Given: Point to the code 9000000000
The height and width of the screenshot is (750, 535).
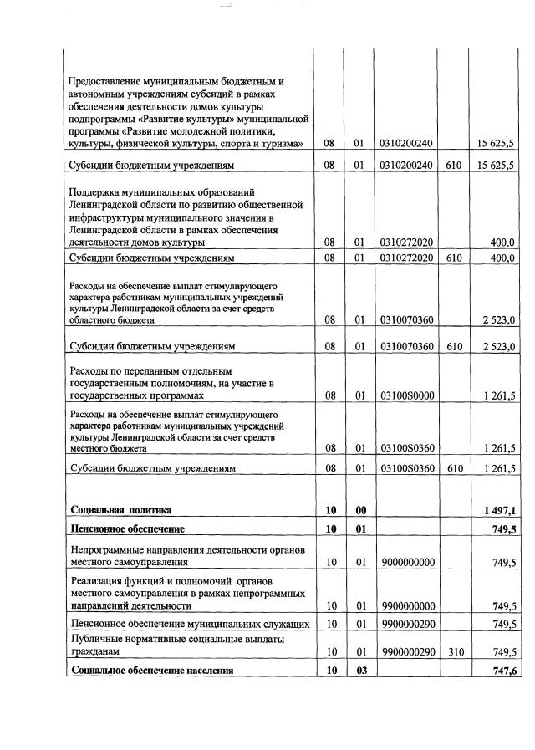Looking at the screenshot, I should (x=406, y=563).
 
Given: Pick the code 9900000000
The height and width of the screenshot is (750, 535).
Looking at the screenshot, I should (x=406, y=605).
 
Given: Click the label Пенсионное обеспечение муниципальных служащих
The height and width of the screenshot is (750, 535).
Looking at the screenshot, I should (x=191, y=624).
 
